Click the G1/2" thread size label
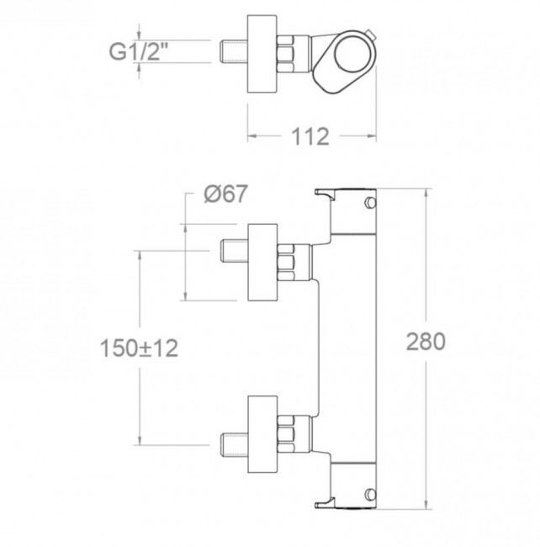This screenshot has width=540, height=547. [x=139, y=51]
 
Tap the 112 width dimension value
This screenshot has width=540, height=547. [x=310, y=136]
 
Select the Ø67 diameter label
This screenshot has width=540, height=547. [x=225, y=194]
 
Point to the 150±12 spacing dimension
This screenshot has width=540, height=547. [x=139, y=348]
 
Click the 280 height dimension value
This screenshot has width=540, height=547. [x=426, y=342]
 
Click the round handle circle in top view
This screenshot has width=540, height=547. [x=351, y=56]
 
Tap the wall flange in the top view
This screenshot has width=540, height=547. [x=262, y=54]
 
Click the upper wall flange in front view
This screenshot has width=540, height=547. [x=262, y=263]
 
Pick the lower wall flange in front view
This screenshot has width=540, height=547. [x=262, y=434]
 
